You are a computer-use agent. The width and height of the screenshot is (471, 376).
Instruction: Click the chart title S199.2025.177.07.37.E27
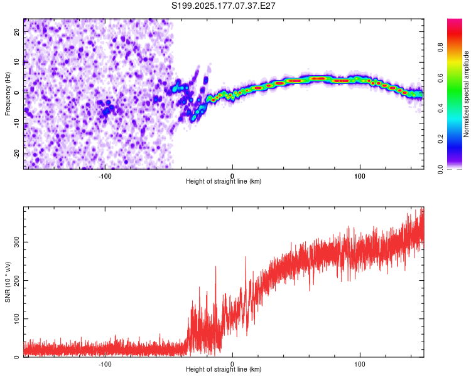[223, 6]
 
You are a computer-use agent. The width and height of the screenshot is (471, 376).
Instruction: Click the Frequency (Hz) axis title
[8, 94]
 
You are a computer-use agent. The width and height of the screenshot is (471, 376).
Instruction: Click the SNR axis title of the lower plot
[8, 282]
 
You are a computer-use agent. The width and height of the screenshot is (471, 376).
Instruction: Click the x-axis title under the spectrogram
[224, 181]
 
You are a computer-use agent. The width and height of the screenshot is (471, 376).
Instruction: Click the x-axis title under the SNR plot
[224, 369]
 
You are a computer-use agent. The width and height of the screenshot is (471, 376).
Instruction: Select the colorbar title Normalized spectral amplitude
[466, 94]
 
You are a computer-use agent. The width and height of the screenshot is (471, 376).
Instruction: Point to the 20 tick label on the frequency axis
[16, 31]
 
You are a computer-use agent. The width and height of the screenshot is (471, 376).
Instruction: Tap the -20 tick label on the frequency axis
[16, 154]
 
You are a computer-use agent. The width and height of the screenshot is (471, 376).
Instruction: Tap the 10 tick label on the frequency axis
[16, 62]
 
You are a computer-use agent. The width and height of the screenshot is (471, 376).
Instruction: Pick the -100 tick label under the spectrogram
[105, 176]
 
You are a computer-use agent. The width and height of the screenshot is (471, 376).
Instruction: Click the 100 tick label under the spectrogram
[360, 176]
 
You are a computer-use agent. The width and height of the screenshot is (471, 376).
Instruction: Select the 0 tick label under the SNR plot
[232, 364]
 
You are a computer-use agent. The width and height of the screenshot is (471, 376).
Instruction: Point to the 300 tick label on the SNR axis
[16, 243]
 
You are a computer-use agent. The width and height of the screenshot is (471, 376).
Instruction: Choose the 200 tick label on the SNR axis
[16, 280]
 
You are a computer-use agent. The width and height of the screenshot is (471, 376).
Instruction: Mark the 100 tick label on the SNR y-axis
[16, 319]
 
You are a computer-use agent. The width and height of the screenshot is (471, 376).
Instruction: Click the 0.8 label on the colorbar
[440, 48]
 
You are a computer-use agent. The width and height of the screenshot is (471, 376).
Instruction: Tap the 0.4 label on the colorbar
[440, 108]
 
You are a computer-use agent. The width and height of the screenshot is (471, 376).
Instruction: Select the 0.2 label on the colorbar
[440, 139]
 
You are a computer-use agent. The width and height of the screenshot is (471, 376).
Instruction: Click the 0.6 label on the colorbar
[440, 78]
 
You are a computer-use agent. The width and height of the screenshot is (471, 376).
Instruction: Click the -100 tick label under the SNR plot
[105, 364]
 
